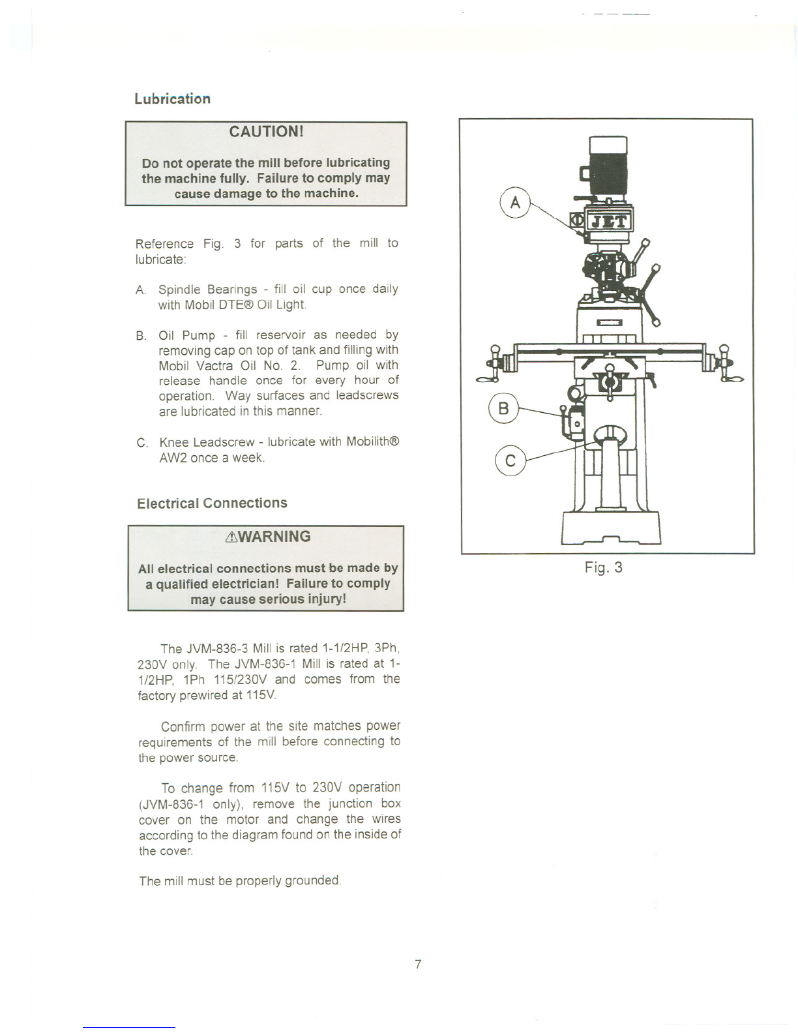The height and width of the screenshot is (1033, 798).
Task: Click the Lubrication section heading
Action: [x=172, y=98]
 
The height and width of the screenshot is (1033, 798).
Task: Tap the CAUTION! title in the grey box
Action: [x=266, y=132]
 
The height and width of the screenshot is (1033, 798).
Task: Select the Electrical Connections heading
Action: [x=212, y=503]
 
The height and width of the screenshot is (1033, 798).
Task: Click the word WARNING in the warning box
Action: [x=274, y=537]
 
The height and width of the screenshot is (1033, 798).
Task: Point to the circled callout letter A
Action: [x=515, y=202]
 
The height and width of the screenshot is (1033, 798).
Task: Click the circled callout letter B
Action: [x=503, y=409]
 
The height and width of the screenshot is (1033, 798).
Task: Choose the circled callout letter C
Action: [x=510, y=461]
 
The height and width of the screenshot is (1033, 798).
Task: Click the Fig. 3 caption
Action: [x=603, y=567]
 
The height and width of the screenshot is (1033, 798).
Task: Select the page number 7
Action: [x=418, y=964]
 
